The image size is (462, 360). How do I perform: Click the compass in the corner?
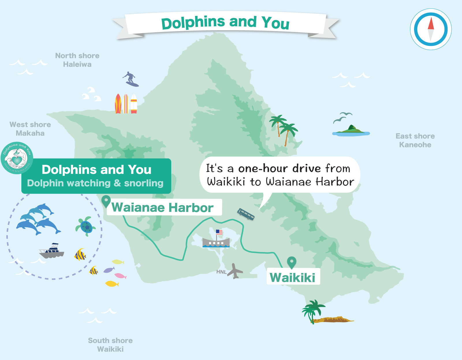tap(431, 29)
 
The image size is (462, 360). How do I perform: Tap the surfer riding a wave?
tap(131, 79)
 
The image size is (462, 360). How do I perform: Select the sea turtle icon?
tap(86, 226)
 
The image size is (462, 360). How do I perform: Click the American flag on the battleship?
tap(219, 232)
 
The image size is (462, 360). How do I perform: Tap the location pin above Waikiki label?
tap(292, 262)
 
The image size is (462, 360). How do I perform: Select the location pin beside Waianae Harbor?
tap(106, 201)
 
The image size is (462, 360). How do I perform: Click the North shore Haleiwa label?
tap(77, 60)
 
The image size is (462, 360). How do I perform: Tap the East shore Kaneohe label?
tap(415, 140)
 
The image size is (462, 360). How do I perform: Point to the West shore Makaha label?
tap(30, 129)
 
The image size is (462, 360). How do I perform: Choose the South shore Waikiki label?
tap(110, 345)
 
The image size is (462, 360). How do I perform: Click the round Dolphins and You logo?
tap(17, 158)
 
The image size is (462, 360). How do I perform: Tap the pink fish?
tap(120, 276)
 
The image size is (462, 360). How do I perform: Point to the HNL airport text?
tap(221, 272)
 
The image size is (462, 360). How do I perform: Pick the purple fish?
tap(109, 270)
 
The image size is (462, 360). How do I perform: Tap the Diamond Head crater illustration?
tap(335, 319)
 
